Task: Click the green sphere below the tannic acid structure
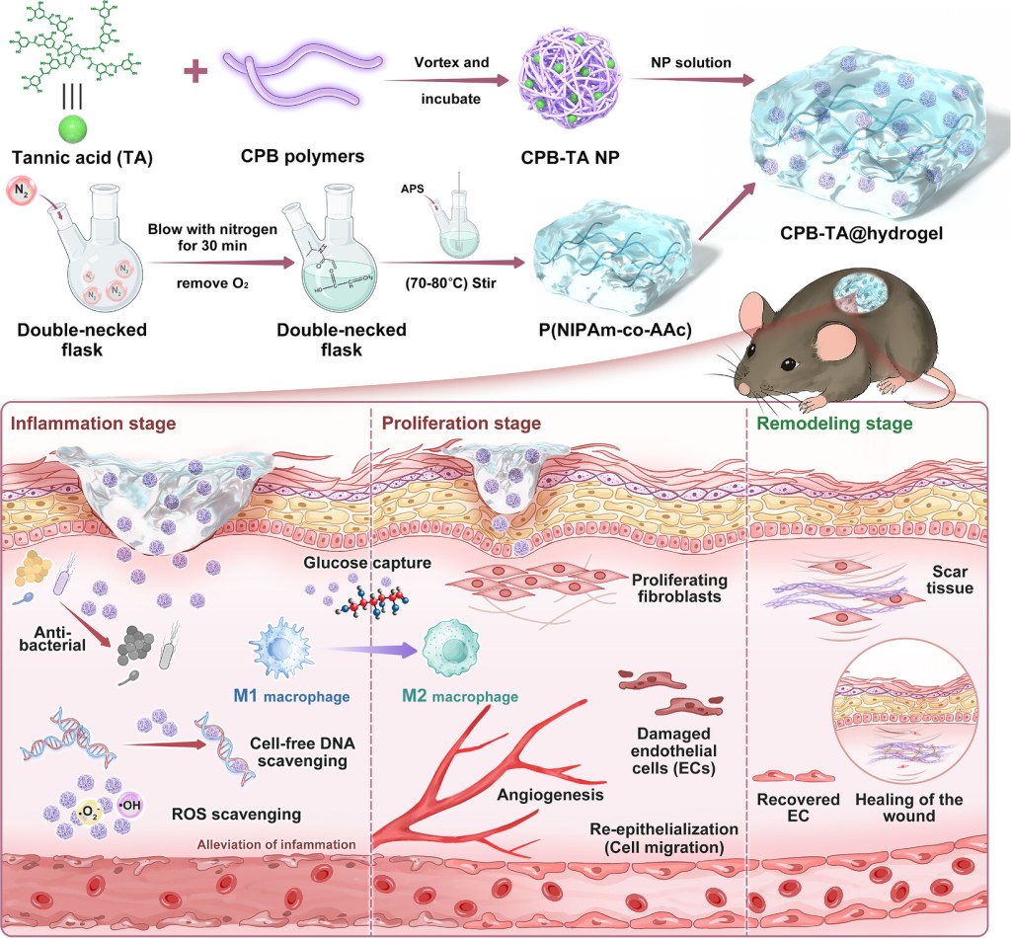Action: [73, 128]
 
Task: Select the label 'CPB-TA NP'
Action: [570, 157]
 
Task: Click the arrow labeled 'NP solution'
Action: [692, 80]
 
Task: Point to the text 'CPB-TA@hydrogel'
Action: [861, 233]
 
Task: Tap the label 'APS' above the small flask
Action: [413, 189]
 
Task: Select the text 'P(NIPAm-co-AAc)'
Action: [615, 330]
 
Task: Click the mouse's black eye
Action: [789, 365]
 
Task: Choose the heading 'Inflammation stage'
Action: [94, 424]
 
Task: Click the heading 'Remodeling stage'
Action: [834, 424]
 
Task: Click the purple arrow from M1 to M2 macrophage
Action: [370, 650]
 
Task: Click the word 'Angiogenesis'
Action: [550, 795]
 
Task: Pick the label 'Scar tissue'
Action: [949, 580]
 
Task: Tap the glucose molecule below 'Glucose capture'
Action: [373, 600]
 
